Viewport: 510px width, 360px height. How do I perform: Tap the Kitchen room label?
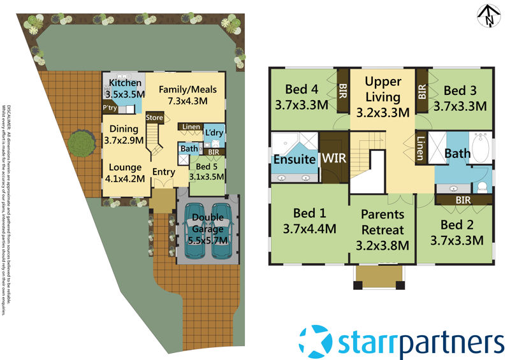125,84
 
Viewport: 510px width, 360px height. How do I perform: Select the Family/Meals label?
184,89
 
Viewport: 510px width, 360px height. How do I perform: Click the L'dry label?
213,131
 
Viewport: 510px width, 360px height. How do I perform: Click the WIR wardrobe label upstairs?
334,157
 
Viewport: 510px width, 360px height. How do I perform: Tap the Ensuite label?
295,159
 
